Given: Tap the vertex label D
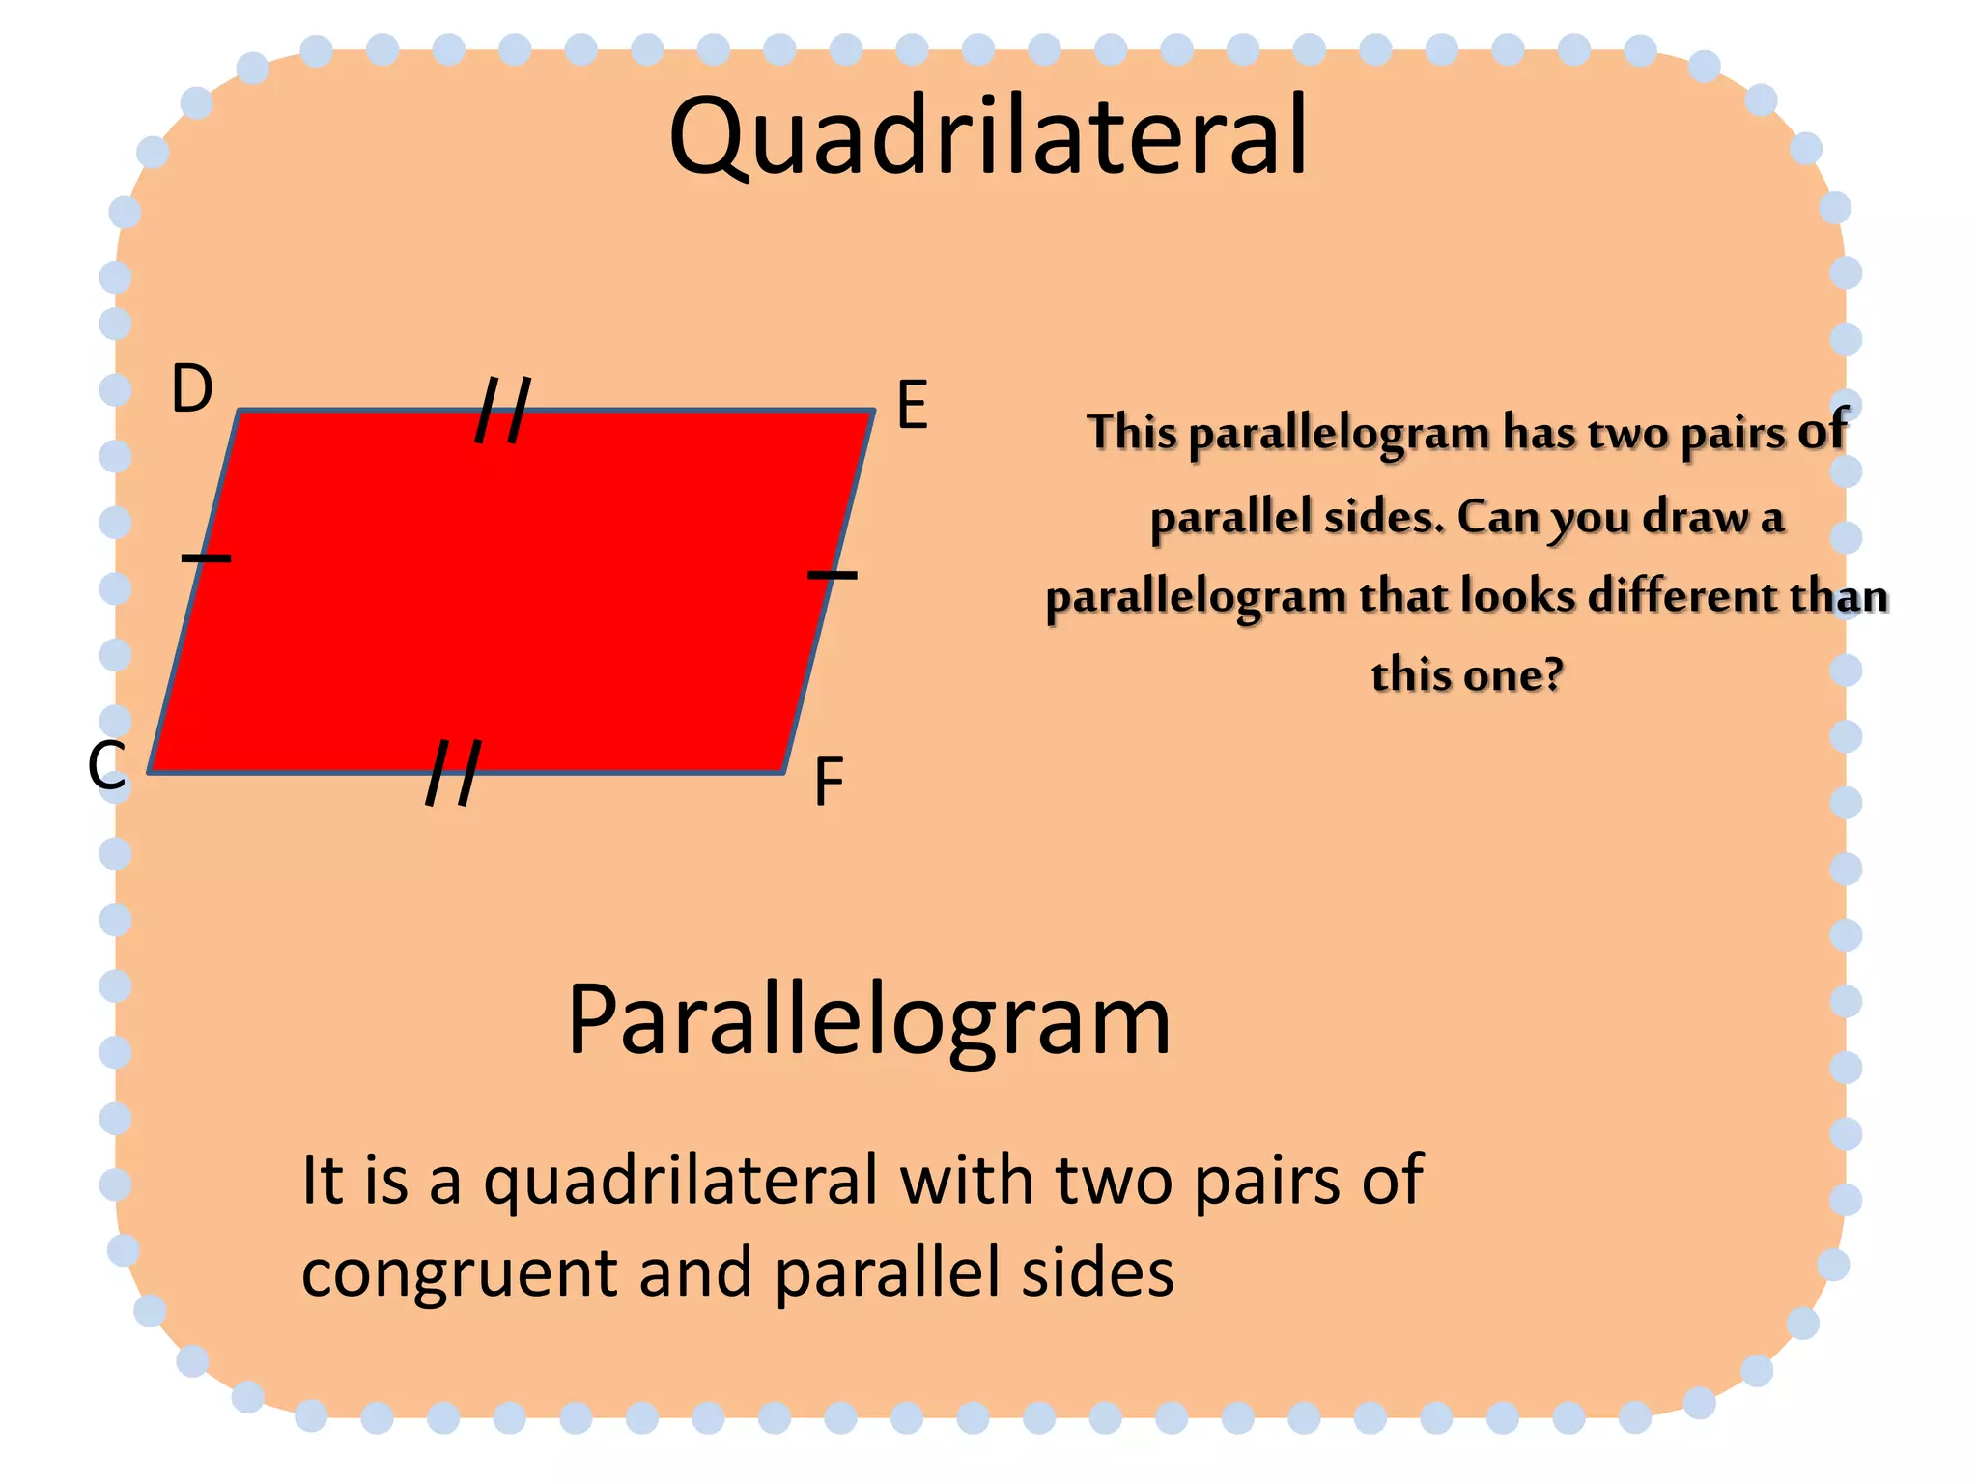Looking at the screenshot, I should tap(191, 389).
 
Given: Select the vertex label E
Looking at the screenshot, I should tap(912, 405).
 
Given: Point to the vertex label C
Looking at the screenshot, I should tap(106, 765).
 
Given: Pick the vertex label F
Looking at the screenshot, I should tap(829, 782).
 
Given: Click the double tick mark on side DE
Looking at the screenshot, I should tap(503, 411).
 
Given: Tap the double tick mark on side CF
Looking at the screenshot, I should tap(453, 773).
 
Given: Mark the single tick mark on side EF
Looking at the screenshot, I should tap(832, 575).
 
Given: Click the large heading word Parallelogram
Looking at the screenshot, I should tap(868, 1021).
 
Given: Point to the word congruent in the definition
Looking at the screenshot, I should tap(459, 1273).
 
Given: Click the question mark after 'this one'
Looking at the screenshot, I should tap(1553, 673).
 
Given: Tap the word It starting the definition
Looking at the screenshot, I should tap(322, 1180).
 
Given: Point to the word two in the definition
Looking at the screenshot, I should tap(1115, 1181).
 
